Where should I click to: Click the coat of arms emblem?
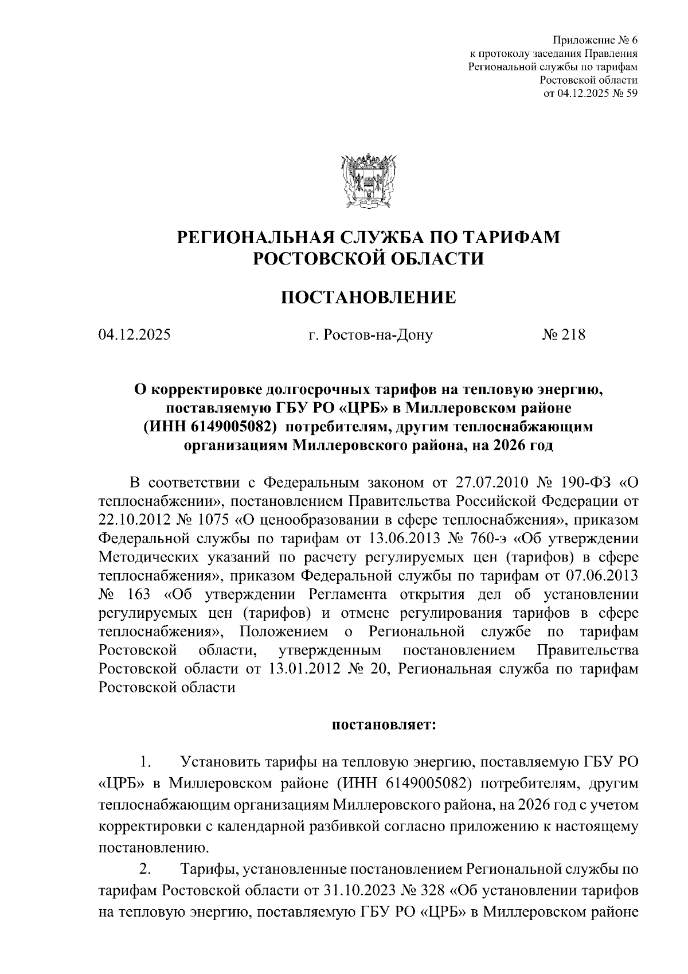367,180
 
